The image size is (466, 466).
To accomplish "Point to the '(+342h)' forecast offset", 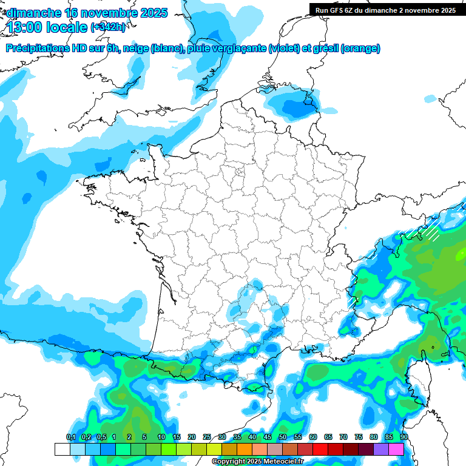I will (109, 28).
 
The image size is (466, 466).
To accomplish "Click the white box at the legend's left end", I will (62, 449).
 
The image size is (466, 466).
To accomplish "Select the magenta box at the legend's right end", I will (396, 449).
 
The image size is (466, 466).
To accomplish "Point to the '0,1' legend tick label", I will (70, 437).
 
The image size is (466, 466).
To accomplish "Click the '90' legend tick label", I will (404, 437).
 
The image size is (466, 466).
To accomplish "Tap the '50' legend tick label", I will (283, 437).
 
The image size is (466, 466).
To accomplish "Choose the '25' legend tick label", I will (207, 437).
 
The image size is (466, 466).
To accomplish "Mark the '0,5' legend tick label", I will (101, 437).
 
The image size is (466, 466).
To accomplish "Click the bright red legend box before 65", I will (320, 449).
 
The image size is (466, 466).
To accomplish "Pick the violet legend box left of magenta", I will (381, 449).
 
